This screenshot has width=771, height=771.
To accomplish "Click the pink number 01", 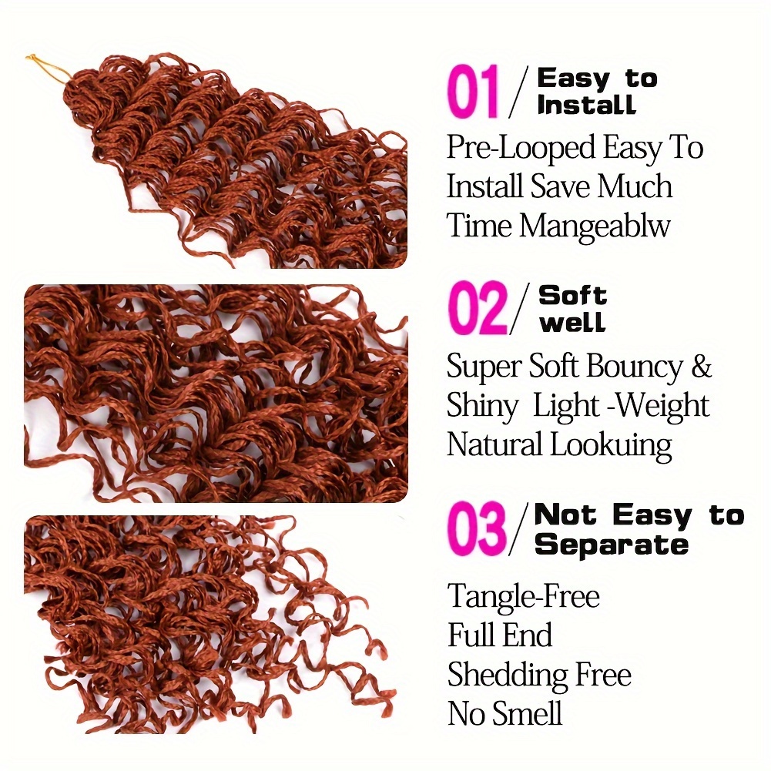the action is (x=473, y=92).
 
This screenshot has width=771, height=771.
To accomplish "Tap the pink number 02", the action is (x=478, y=308).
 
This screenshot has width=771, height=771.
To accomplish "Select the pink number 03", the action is (x=477, y=528).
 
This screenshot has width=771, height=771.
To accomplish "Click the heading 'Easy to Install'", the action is (x=597, y=92).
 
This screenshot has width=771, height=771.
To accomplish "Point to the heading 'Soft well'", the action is (x=573, y=308).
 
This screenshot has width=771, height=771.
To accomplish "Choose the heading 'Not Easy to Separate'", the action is (x=639, y=530).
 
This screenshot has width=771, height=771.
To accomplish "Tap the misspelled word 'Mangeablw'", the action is (x=595, y=226).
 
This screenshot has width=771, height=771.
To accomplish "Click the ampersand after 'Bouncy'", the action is (x=702, y=367).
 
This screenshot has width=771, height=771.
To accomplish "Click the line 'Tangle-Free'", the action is (x=524, y=596).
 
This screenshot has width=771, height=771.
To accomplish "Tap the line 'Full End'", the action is (x=500, y=635).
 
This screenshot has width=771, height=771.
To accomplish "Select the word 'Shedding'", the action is (x=507, y=674).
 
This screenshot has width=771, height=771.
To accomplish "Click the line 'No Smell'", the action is (x=505, y=713).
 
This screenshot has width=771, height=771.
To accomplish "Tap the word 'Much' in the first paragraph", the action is (x=635, y=187).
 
